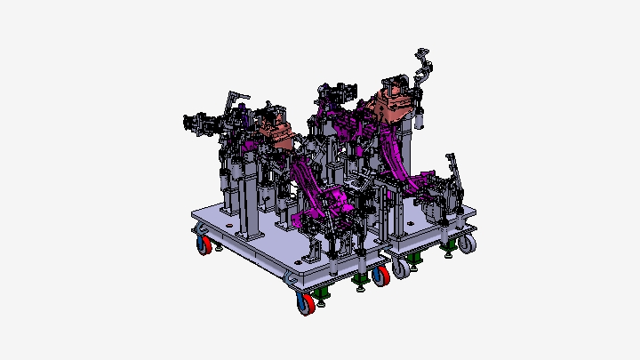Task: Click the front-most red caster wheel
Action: click(x=305, y=305)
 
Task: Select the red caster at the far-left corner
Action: click(x=204, y=244)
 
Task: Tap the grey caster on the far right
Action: click(x=467, y=243)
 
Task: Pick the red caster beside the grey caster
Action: click(x=380, y=276)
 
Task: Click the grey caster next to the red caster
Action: click(x=403, y=268)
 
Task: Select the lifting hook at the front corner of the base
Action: click(x=291, y=279)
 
